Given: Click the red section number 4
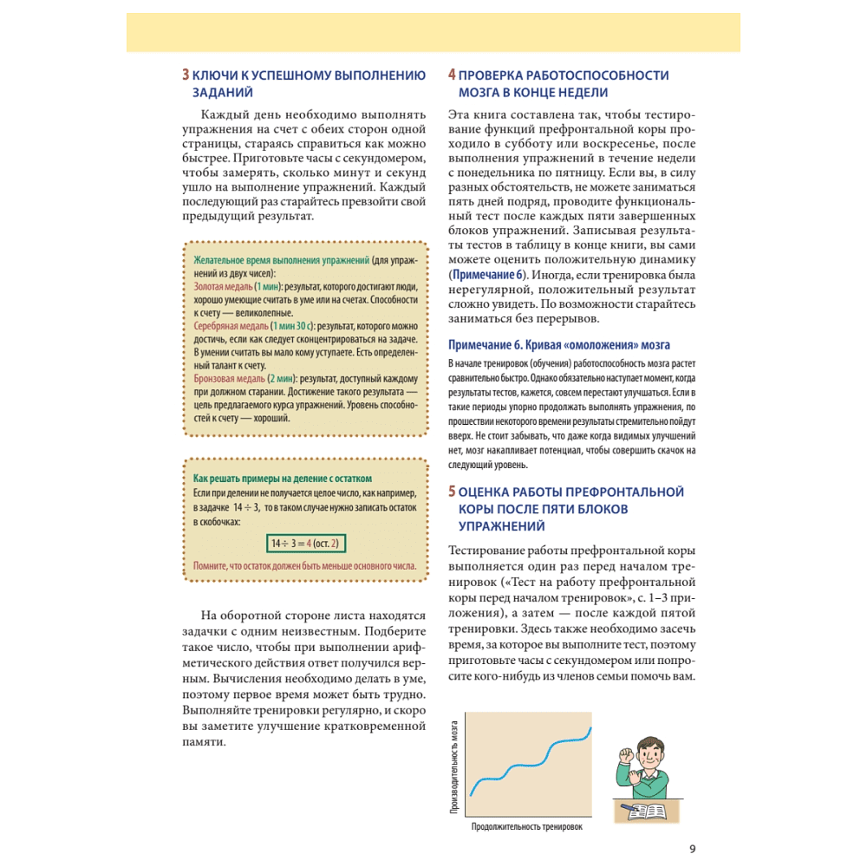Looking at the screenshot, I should tap(452, 75).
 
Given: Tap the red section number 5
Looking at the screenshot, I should tap(452, 492).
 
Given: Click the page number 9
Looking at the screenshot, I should tap(692, 849).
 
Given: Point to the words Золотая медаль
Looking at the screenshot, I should tap(223, 286).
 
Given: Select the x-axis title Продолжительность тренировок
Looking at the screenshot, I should tap(527, 826).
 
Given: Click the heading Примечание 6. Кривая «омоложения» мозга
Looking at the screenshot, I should tap(559, 344).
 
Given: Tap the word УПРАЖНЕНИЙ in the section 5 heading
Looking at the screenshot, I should tap(501, 526).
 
